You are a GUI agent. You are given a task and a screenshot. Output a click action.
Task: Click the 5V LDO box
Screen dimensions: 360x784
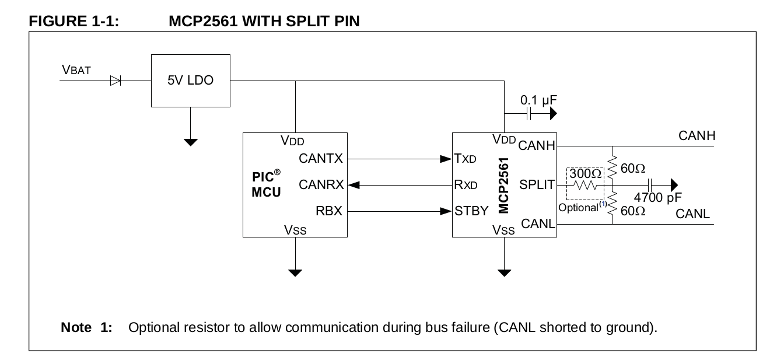pyautogui.click(x=191, y=81)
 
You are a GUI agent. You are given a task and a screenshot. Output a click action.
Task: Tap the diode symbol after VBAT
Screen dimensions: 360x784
pyautogui.click(x=116, y=81)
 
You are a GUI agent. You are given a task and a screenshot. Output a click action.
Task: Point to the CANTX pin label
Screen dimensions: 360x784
pyautogui.click(x=320, y=158)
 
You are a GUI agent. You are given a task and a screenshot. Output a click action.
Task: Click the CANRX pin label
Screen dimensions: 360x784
pyautogui.click(x=320, y=185)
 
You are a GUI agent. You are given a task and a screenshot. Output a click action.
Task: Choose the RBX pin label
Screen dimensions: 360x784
pyautogui.click(x=329, y=211)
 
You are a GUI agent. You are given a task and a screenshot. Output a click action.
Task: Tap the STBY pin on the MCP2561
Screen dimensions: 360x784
pyautogui.click(x=471, y=211)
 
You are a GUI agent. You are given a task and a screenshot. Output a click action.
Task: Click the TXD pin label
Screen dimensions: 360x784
pyautogui.click(x=466, y=158)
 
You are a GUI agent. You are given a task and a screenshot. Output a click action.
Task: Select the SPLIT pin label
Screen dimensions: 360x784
pyautogui.click(x=537, y=185)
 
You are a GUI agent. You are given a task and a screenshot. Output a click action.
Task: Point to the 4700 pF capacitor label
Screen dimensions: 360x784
pyautogui.click(x=657, y=197)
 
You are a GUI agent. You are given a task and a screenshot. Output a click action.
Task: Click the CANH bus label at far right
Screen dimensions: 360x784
pyautogui.click(x=697, y=137)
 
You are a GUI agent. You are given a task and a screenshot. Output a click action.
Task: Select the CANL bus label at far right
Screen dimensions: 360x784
pyautogui.click(x=692, y=214)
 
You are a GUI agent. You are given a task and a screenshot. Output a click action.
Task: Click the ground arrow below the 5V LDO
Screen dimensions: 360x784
pyautogui.click(x=191, y=141)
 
